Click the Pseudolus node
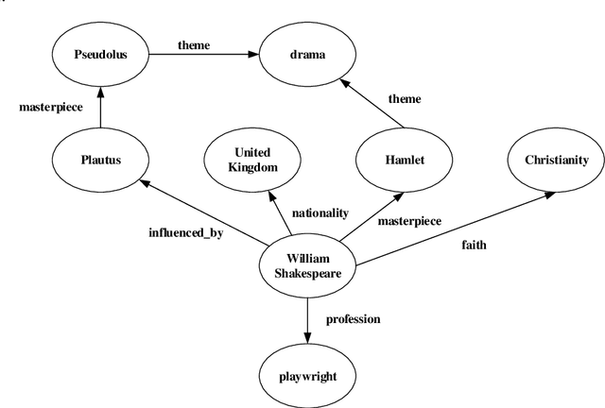[100, 55]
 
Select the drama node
[307, 55]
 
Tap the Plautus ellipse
[100, 160]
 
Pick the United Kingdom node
[251, 160]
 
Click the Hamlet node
[404, 160]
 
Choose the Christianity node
[557, 160]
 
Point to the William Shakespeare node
[307, 263]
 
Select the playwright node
[307, 376]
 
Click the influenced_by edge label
[185, 231]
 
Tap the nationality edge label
[320, 213]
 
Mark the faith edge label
[474, 245]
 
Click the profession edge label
[353, 319]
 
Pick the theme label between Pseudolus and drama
[193, 43]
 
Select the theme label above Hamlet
[405, 98]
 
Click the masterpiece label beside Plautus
[51, 108]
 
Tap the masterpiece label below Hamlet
[408, 222]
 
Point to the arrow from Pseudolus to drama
[202, 55]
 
